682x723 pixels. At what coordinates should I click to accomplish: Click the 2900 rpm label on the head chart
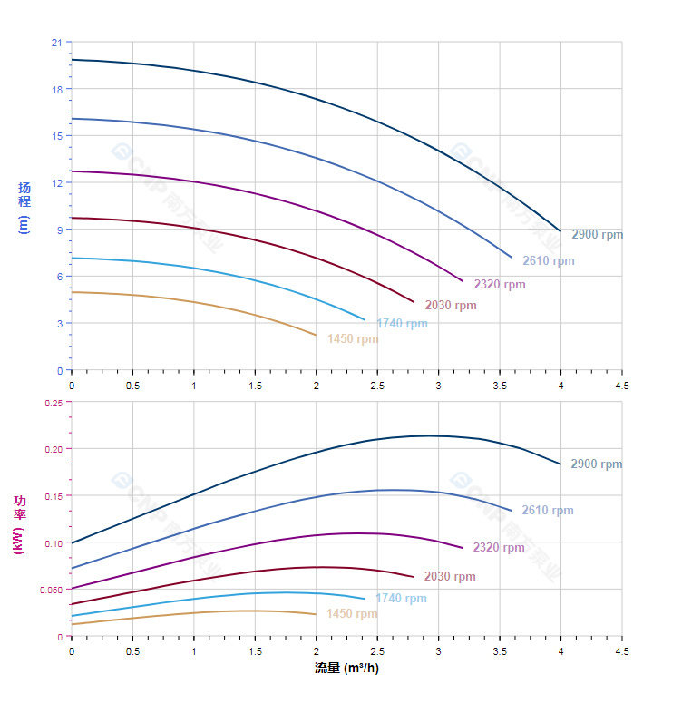tap(597, 235)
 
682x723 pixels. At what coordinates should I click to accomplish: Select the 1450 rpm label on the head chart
tap(353, 339)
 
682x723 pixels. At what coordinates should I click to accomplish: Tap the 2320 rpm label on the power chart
tap(499, 548)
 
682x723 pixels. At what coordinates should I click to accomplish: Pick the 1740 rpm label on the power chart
tap(401, 599)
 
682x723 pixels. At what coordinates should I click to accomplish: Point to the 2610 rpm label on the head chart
tap(548, 261)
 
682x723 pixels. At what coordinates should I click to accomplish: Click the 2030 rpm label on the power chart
tap(450, 577)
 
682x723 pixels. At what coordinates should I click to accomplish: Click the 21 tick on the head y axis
tap(57, 43)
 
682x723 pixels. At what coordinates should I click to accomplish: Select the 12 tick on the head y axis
tap(57, 182)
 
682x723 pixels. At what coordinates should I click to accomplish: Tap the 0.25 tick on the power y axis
tap(54, 403)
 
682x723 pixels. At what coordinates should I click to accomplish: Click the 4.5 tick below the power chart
tap(621, 650)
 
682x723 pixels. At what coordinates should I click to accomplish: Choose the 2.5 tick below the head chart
tap(377, 385)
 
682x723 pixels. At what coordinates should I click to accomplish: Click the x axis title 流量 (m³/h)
tap(346, 669)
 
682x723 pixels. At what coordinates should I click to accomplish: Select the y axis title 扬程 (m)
tap(24, 207)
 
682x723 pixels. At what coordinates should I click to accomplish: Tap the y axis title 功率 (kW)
tap(20, 524)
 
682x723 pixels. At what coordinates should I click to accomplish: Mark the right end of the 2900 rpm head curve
tap(560, 231)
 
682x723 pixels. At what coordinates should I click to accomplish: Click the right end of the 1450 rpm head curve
tap(317, 336)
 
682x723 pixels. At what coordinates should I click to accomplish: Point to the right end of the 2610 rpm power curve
tap(511, 511)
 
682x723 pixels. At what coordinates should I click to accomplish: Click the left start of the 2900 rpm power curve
tap(72, 542)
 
